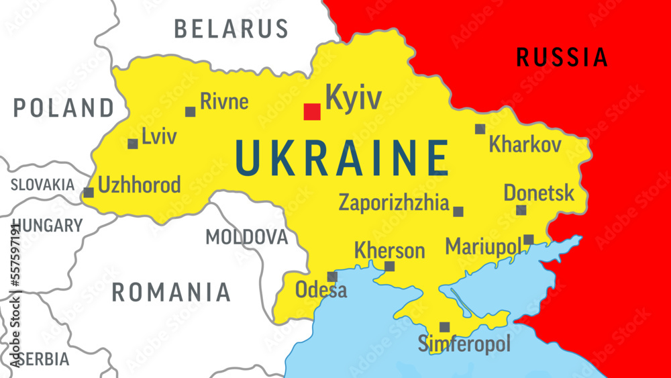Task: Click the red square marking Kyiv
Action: (x=312, y=111)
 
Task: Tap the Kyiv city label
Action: (x=353, y=98)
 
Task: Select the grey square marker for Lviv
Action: (x=133, y=144)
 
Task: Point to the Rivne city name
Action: (x=224, y=102)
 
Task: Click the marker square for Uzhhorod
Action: (x=89, y=193)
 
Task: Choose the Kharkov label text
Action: (x=525, y=144)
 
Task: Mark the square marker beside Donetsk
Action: (x=521, y=210)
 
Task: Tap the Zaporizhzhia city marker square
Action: (x=458, y=211)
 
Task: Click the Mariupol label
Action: (x=483, y=246)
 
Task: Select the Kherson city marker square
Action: (x=389, y=267)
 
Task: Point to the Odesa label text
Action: (x=321, y=291)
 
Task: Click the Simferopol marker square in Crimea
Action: (x=444, y=327)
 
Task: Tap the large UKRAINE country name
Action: (x=342, y=158)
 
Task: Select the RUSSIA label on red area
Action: (x=562, y=58)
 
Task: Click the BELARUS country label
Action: (x=231, y=29)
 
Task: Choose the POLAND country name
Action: (x=64, y=108)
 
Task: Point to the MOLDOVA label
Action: (x=246, y=237)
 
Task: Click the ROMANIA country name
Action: (x=171, y=292)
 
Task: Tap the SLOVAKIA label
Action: (x=42, y=185)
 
